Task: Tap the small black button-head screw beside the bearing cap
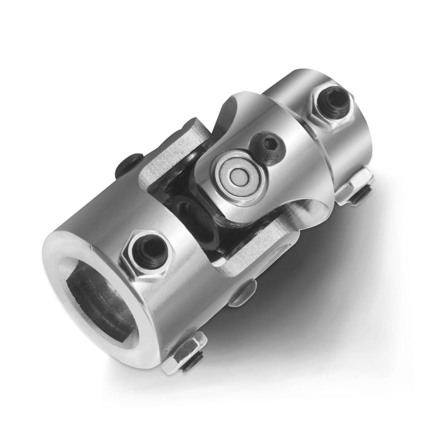(x=268, y=147)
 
